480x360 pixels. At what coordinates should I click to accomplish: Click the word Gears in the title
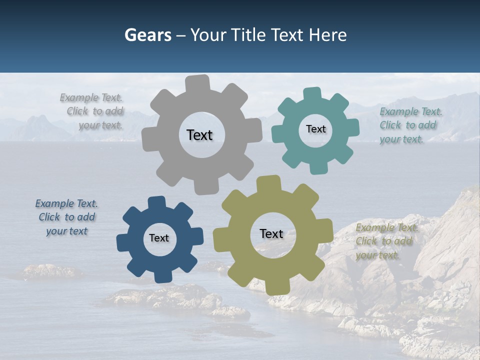147,35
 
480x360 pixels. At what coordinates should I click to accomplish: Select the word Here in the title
328,35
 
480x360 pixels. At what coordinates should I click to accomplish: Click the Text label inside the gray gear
199,135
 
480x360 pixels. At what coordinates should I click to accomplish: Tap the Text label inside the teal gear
315,129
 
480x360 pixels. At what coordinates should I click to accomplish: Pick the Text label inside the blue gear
159,238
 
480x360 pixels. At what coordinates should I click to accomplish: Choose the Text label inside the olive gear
271,234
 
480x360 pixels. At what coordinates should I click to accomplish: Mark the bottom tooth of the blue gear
163,276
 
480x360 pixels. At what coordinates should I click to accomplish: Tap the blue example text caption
67,217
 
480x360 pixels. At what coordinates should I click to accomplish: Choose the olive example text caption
386,241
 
